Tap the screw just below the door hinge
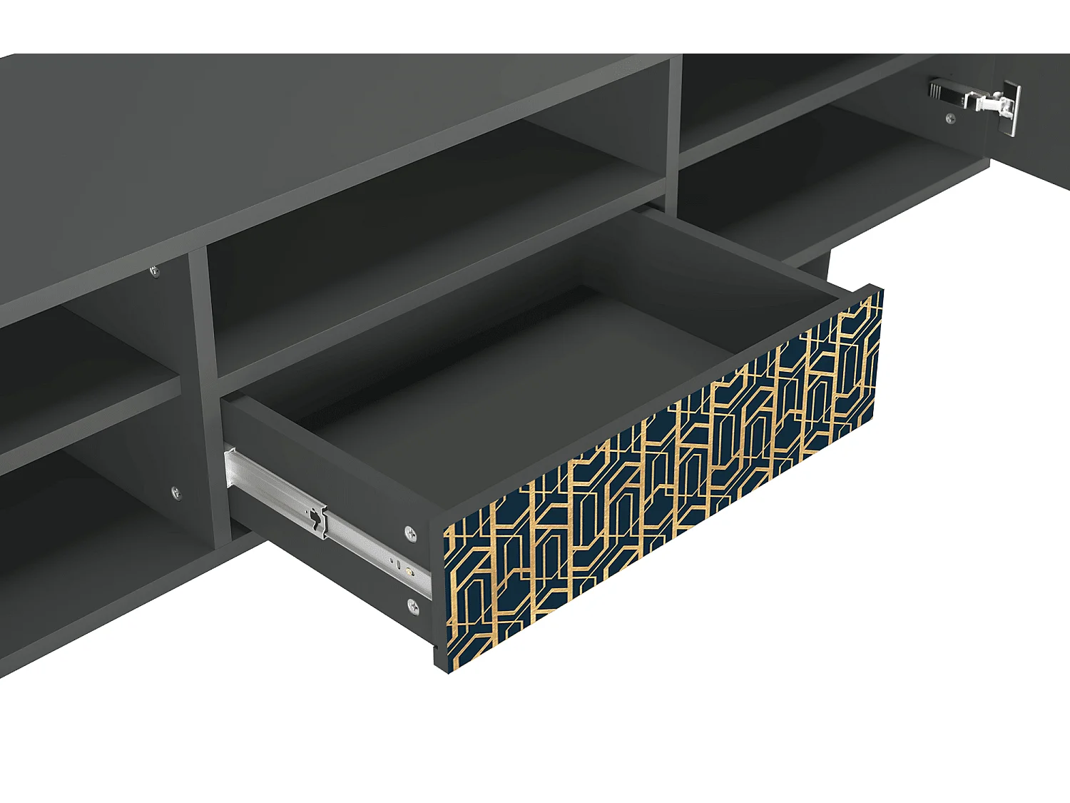coord(949,118)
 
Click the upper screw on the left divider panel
coord(154,271)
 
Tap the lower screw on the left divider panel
coord(176,492)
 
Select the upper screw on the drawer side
coord(410,533)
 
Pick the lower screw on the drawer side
coord(413,607)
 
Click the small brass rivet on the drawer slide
coord(408,570)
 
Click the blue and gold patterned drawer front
coord(663,478)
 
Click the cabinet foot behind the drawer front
coord(813,267)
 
